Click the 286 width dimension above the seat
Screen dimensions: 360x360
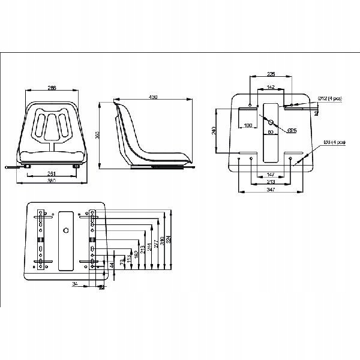click(52, 88)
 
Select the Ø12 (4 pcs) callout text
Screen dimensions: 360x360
click(331, 97)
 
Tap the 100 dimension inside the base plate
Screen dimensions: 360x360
click(247, 125)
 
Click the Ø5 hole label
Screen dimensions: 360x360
click(292, 130)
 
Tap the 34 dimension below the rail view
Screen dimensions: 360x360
click(74, 284)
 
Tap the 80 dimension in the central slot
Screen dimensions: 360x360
click(270, 131)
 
